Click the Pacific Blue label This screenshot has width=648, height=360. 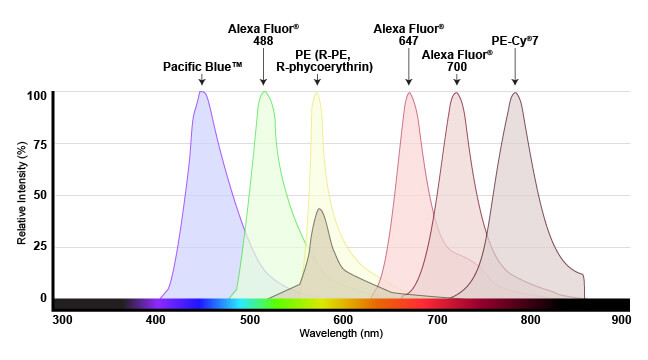[203, 67]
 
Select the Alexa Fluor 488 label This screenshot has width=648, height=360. [264, 34]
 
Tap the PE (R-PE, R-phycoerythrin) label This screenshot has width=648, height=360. [324, 60]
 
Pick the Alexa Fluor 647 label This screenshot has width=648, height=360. [408, 34]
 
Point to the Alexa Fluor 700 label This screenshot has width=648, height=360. [457, 60]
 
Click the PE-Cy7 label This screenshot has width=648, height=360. [515, 41]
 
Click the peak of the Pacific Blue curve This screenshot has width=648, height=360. [202, 93]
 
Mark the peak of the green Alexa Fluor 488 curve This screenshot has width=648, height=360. [264, 93]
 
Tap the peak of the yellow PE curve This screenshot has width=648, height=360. [316, 93]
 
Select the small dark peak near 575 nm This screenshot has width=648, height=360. [320, 210]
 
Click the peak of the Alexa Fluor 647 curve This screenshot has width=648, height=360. [409, 94]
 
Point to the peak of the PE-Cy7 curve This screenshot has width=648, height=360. [515, 94]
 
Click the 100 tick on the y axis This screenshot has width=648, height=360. [37, 96]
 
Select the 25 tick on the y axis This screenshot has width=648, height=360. [40, 246]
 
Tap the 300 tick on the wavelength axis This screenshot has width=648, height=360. [62, 319]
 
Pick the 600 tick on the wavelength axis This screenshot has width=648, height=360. [343, 319]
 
